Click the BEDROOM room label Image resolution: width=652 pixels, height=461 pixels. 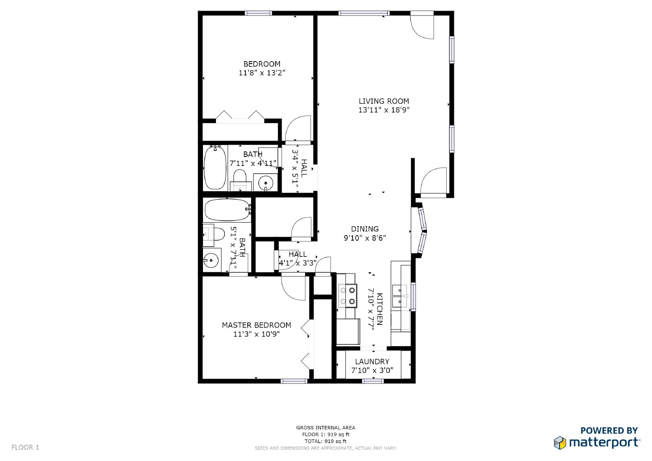click(262, 64)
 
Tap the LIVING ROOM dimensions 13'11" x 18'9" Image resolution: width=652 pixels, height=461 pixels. click(383, 110)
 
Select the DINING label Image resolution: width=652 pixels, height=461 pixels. click(365, 229)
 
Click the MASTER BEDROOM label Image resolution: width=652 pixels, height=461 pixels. click(256, 325)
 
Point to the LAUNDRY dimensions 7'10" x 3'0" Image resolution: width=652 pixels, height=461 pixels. click(372, 370)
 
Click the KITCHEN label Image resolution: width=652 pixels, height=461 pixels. click(379, 309)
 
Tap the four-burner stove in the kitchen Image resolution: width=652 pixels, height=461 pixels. click(347, 296)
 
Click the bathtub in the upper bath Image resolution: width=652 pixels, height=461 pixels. click(215, 168)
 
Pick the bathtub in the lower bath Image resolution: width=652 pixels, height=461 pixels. click(227, 210)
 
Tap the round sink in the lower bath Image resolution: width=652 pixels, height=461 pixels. click(211, 260)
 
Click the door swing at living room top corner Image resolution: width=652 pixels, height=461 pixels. click(423, 26)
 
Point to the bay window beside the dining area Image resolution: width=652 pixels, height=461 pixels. click(422, 231)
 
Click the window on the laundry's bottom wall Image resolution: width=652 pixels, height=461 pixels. click(373, 381)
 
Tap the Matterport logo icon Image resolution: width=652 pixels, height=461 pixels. click(560, 442)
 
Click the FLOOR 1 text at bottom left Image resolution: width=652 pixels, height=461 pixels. click(25, 447)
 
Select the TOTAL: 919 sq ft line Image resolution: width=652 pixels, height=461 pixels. click(325, 441)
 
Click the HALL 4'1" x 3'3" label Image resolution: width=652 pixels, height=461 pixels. click(297, 258)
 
